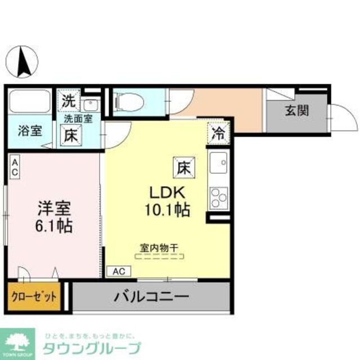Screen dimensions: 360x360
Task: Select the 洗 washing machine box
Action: [x=68, y=102]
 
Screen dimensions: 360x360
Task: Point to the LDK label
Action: [x=167, y=193]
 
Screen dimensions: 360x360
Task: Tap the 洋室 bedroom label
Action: [x=54, y=208]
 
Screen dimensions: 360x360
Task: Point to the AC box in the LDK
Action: [x=119, y=271]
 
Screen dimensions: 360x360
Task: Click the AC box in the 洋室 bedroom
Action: [x=15, y=167]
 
